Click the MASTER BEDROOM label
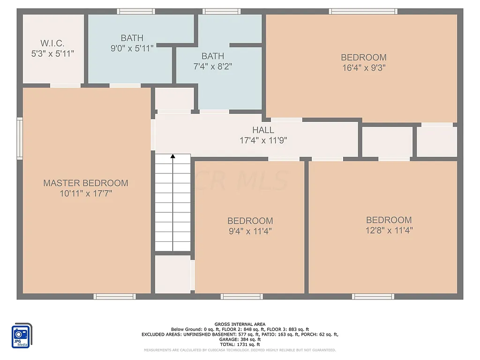click(x=85, y=183)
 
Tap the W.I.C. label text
click(x=52, y=43)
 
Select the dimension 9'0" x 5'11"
click(x=132, y=48)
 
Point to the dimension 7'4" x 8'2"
click(x=212, y=66)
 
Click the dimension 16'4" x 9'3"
click(x=364, y=67)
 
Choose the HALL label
click(x=263, y=130)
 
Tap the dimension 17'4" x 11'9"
click(x=263, y=140)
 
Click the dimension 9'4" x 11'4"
click(x=250, y=231)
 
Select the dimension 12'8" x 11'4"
click(x=389, y=230)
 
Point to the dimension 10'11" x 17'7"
click(x=85, y=193)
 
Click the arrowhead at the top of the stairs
click(x=173, y=157)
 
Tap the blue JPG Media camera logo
click(x=22, y=335)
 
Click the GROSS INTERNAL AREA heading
click(x=240, y=324)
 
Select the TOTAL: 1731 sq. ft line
click(x=240, y=345)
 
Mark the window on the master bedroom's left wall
click(x=20, y=138)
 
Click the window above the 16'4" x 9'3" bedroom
click(x=363, y=11)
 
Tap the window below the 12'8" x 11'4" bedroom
click(x=373, y=296)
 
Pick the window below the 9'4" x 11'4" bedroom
click(x=242, y=296)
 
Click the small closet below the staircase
click(x=173, y=274)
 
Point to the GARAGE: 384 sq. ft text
click(x=240, y=339)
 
